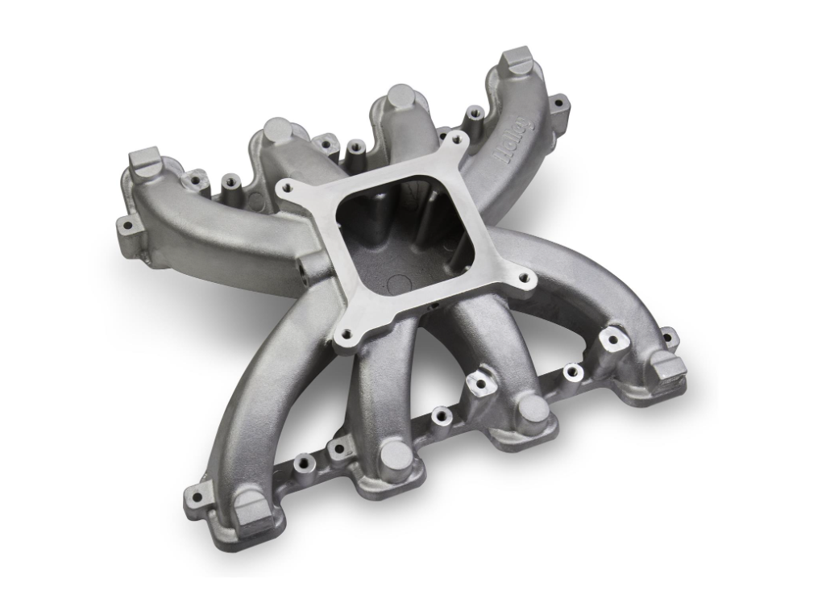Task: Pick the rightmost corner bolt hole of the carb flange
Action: pyautogui.click(x=525, y=282)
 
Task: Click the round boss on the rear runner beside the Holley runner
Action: pyautogui.click(x=399, y=97)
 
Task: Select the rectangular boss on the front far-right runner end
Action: pyautogui.click(x=667, y=366)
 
